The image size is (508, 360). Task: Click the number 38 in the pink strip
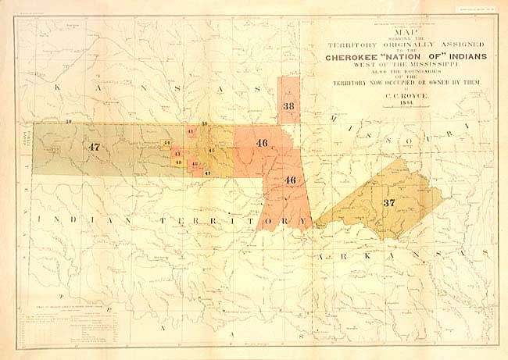click(289, 106)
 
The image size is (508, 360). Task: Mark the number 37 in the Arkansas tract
click(388, 202)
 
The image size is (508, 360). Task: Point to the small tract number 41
click(191, 134)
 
